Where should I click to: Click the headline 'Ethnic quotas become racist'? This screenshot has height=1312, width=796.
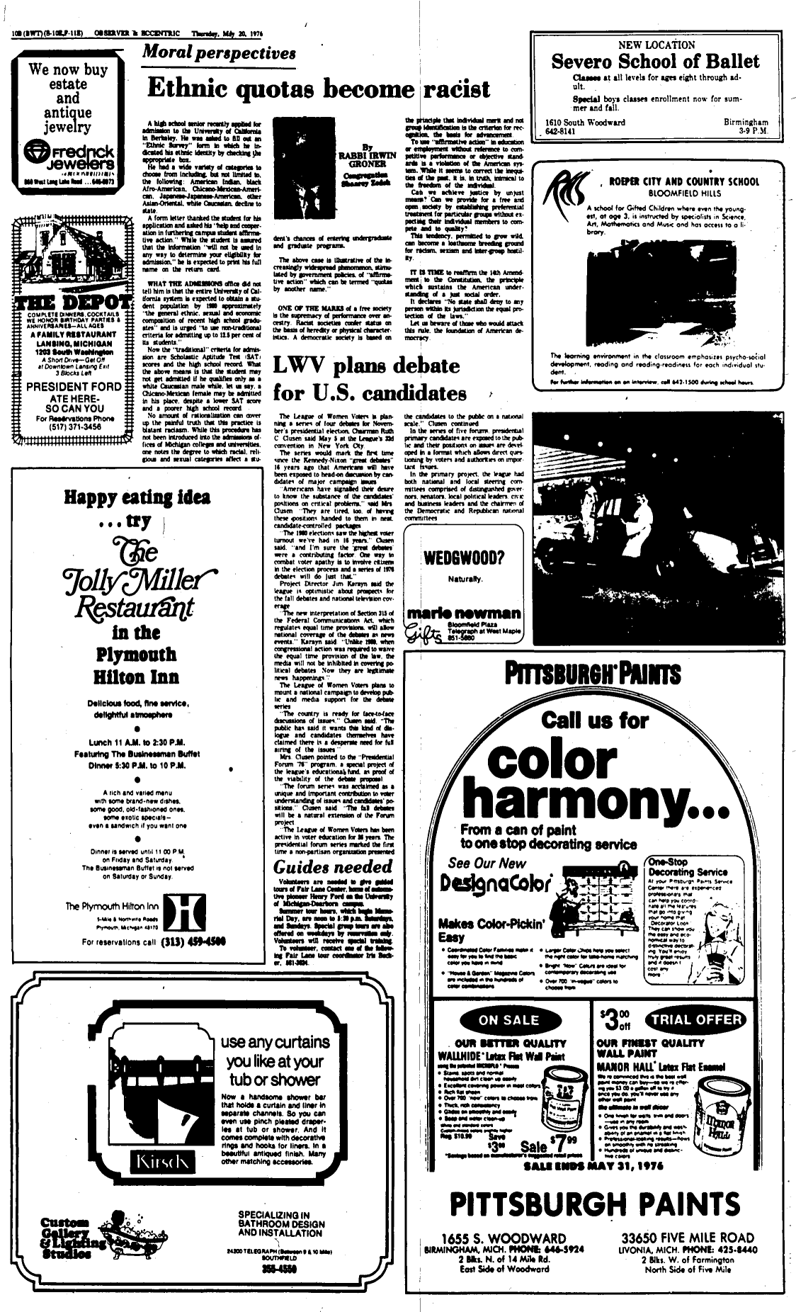[x=318, y=89]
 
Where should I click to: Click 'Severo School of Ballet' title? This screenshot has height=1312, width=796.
[x=655, y=62]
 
